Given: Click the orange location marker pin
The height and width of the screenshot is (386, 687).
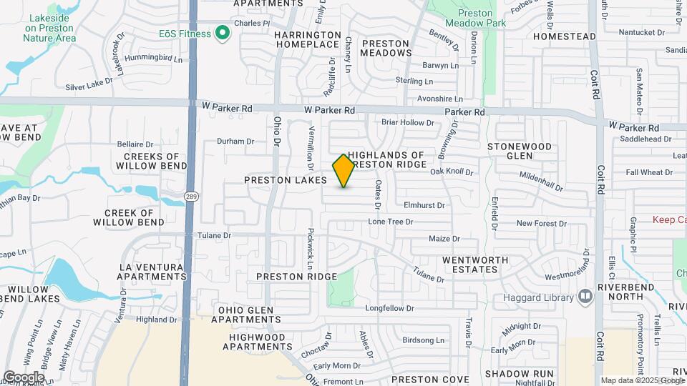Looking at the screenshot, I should point(344,171).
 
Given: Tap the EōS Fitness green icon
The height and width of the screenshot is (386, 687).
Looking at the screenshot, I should point(222,33).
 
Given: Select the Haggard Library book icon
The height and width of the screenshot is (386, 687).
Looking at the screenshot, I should point(585,296).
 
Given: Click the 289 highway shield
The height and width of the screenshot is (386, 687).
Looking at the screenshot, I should point(190,195).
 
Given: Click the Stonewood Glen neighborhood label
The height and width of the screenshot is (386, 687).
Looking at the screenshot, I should point(520,151).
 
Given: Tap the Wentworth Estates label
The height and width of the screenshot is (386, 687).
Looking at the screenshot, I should point(469,264).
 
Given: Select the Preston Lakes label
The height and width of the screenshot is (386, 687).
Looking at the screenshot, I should point(280,181).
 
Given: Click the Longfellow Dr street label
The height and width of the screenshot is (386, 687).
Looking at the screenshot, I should point(390,309).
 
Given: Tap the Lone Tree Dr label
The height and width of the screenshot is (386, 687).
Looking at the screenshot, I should point(391,222).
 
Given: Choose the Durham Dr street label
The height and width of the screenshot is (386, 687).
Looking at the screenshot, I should point(235,141).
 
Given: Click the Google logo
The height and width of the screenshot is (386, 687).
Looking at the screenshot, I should point(24,377).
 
